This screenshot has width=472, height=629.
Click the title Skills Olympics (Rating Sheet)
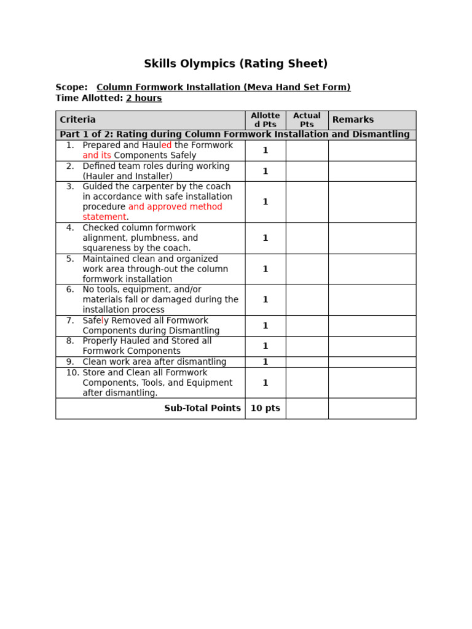235,64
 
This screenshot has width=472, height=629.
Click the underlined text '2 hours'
144,98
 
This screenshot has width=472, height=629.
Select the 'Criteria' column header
77,120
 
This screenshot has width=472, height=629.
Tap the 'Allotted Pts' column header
265,120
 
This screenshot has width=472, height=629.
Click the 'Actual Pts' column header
307,120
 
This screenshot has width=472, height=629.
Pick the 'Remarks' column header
353,120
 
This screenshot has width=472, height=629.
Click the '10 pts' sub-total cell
265,408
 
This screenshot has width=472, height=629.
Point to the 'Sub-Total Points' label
202,408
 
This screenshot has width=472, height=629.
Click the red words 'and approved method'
175,207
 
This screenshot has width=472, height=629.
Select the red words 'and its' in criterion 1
97,155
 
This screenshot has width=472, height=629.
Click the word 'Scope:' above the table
71,87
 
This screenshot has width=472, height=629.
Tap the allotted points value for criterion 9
265,362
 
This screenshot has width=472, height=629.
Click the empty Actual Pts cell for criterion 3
307,202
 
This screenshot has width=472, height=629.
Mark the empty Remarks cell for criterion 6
372,300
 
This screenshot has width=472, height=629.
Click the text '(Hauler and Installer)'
127,176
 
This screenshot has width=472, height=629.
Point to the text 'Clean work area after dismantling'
154,362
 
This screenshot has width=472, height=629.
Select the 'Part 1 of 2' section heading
234,135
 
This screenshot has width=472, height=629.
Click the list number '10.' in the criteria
73,373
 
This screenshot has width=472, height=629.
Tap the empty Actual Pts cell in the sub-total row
307,408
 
